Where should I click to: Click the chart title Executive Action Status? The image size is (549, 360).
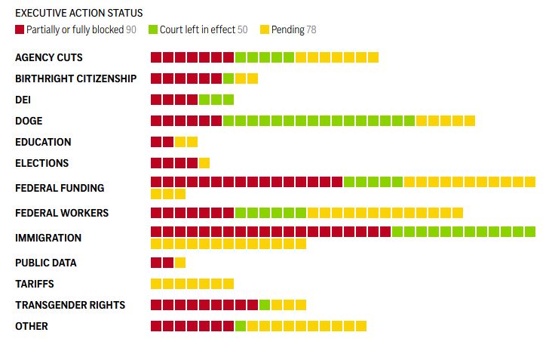[78, 13]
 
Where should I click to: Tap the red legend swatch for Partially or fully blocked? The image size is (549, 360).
[20, 29]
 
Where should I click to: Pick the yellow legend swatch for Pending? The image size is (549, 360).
[265, 29]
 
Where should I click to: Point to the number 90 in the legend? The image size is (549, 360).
[131, 30]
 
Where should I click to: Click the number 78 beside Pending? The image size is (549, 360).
[311, 30]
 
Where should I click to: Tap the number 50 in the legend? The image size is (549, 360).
[242, 30]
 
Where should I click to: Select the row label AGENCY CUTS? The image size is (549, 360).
[49, 57]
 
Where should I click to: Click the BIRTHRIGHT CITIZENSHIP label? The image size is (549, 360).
[75, 78]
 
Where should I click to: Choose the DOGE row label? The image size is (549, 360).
[29, 121]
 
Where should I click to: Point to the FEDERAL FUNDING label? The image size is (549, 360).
[60, 188]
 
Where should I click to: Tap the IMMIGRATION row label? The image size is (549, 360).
[48, 238]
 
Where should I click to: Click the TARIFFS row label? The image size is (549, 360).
[35, 284]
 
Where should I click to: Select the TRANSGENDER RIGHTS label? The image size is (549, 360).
[70, 305]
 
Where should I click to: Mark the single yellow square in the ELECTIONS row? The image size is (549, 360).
[204, 163]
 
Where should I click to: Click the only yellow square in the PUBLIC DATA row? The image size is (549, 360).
[180, 263]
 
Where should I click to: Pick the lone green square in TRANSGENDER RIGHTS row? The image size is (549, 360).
[265, 305]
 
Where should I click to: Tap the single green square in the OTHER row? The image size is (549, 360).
[241, 326]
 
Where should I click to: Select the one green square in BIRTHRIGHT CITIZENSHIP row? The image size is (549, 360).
[228, 78]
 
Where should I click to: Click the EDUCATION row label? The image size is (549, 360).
[43, 142]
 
